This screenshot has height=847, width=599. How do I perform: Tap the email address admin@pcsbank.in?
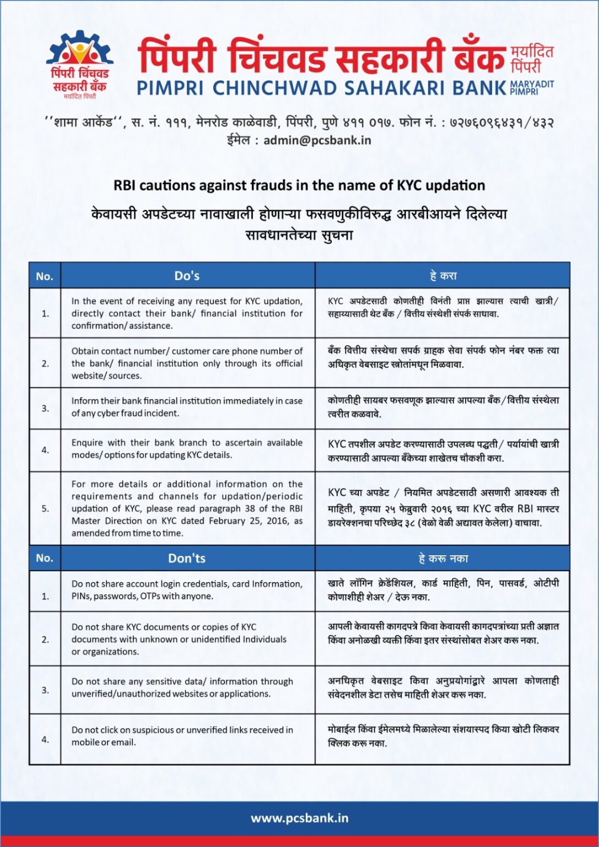[x=317, y=140]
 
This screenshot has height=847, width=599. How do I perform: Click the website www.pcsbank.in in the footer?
[x=299, y=818]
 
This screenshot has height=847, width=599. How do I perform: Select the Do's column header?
[x=187, y=276]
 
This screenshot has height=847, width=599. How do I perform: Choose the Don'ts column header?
[x=187, y=558]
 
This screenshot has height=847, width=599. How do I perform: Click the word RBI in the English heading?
[x=125, y=185]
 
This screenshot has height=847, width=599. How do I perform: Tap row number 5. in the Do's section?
[x=45, y=508]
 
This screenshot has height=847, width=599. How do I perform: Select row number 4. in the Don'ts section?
[x=45, y=739]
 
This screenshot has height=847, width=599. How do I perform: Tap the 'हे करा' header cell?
[x=443, y=276]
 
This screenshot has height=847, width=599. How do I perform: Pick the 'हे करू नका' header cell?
[x=443, y=559]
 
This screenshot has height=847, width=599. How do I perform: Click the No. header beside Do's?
[x=45, y=276]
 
